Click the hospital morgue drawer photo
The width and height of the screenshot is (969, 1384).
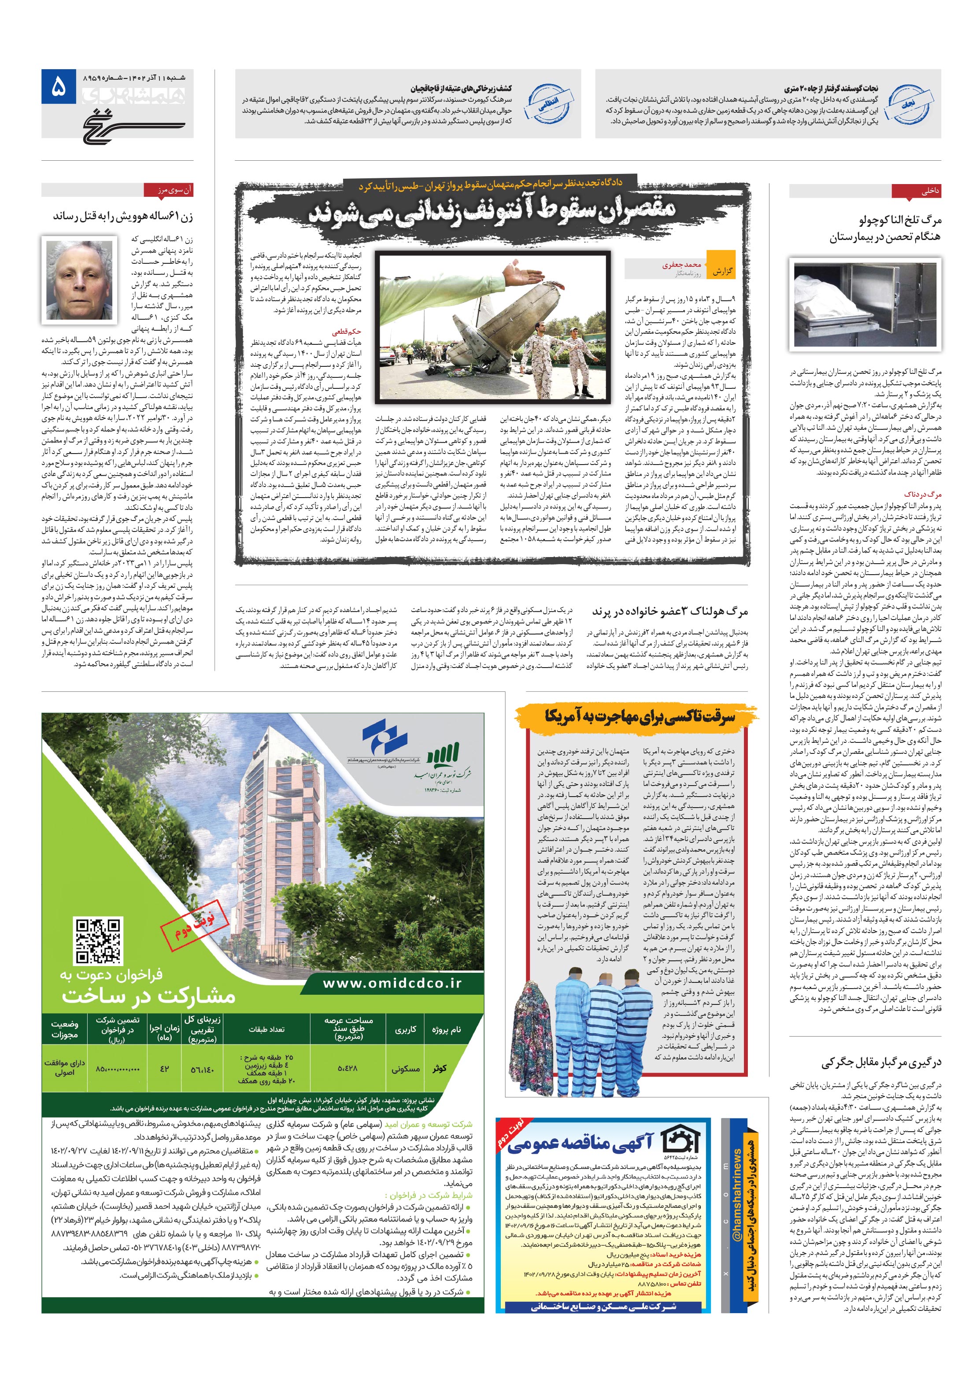coord(864,307)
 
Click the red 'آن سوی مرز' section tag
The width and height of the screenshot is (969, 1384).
coord(167,191)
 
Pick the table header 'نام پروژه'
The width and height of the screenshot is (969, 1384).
coord(446,1030)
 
